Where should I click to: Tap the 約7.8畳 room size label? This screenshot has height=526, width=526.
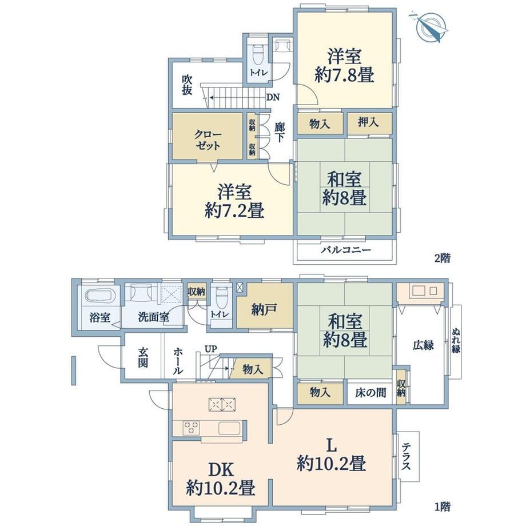click(344, 75)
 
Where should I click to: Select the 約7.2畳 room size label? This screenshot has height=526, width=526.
click(234, 211)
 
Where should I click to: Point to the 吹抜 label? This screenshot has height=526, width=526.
click(186, 85)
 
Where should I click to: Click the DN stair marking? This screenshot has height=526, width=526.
click(273, 97)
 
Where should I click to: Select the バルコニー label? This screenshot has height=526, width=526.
click(345, 250)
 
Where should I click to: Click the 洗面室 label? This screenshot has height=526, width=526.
click(153, 317)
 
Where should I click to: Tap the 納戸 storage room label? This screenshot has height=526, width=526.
click(264, 309)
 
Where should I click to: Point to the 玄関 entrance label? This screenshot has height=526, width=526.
click(143, 357)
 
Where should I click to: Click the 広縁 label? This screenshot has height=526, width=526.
click(423, 345)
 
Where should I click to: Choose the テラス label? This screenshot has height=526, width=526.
click(407, 457)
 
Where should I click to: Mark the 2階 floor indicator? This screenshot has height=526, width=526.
click(442, 258)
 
